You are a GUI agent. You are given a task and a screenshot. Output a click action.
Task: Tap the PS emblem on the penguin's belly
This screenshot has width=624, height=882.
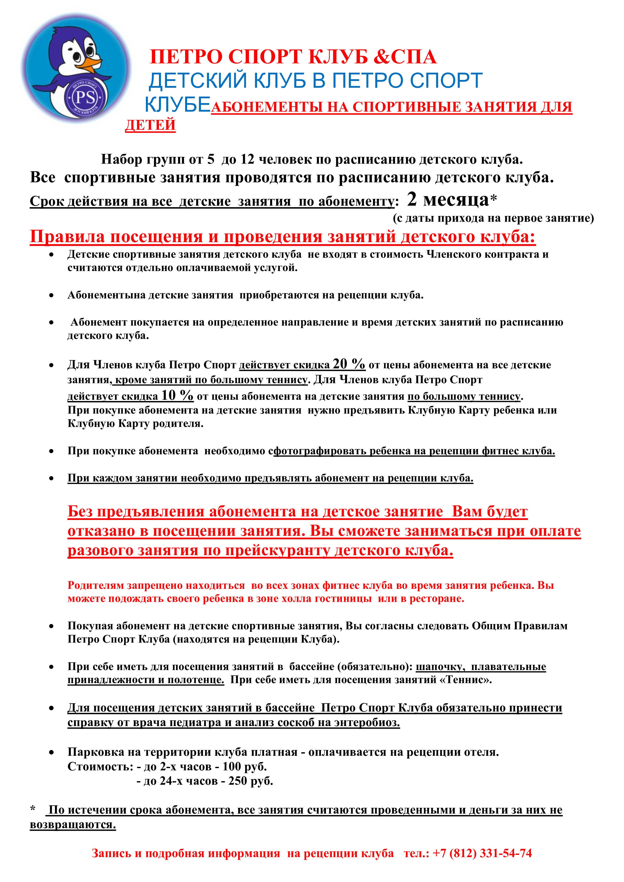[85, 98]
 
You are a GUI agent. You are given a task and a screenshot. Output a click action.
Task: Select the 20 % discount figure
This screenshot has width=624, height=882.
[349, 364]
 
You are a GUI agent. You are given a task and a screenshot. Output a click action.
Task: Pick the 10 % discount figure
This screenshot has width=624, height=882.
[177, 395]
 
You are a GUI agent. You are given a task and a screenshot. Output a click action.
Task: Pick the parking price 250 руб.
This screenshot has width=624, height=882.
[251, 781]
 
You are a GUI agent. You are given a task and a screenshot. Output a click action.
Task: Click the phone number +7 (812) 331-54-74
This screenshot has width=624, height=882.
[482, 853]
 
